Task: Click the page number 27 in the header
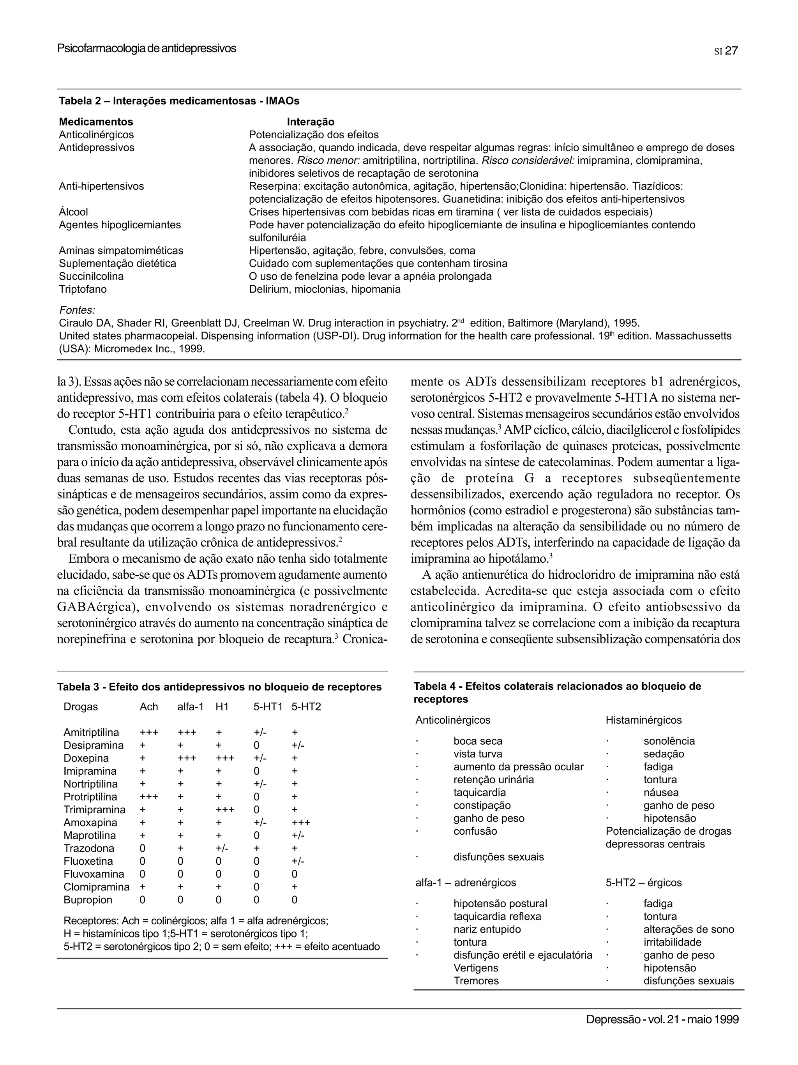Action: [731, 51]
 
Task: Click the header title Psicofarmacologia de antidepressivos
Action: [147, 48]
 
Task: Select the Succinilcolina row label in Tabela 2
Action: [91, 276]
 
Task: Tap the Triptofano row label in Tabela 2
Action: [83, 290]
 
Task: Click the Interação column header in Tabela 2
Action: [311, 122]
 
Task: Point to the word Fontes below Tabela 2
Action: [77, 310]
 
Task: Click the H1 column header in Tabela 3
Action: [222, 707]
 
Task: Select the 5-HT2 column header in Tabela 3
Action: [306, 707]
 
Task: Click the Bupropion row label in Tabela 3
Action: [88, 900]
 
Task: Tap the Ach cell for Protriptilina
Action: [149, 797]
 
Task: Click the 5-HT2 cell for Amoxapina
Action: [301, 822]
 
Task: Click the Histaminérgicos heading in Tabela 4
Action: [643, 720]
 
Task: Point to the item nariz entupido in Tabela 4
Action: [487, 929]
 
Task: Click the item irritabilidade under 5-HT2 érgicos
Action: [673, 942]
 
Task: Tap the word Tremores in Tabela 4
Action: [476, 981]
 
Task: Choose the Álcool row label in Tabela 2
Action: [73, 212]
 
